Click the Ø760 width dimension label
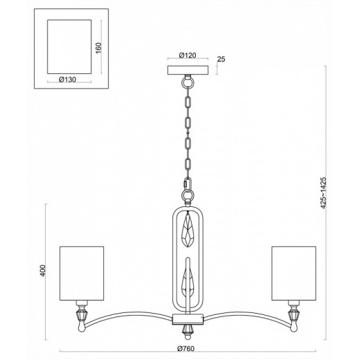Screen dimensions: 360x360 click(x=186, y=348)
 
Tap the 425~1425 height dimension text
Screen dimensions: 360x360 click(x=323, y=192)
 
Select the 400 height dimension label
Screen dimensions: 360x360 click(x=43, y=271)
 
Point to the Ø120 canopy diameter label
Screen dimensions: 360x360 click(x=188, y=55)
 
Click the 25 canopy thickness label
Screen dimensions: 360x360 click(x=221, y=59)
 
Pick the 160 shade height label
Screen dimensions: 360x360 click(x=98, y=48)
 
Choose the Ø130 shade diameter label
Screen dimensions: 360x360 click(x=67, y=80)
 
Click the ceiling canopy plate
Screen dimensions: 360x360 click(x=188, y=70)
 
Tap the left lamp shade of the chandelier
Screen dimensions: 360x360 click(x=82, y=273)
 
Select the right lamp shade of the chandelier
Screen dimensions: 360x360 click(x=294, y=273)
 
